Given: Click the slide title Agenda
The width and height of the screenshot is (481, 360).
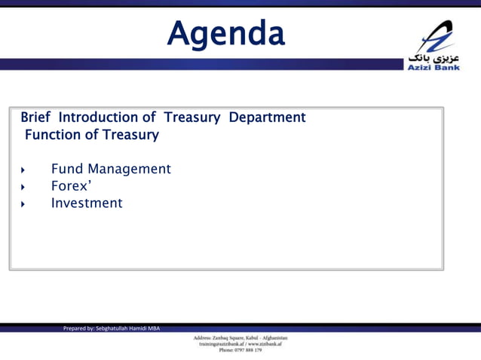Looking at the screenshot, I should pos(225,33).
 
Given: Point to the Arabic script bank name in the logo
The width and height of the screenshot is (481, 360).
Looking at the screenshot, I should pos(433,56).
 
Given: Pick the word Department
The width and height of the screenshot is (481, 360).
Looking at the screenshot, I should pos(267,117).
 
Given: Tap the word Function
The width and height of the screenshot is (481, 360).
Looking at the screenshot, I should pos(52,136).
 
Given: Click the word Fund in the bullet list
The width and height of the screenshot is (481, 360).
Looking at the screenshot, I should pos(66,169).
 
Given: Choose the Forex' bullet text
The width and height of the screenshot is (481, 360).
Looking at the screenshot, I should pos(72,186).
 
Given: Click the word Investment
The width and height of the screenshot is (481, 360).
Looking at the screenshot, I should pos(86,203).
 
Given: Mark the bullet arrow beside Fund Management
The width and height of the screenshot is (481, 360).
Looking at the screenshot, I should pos(23,169).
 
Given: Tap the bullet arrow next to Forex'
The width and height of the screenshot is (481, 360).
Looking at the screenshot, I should pos(23,187).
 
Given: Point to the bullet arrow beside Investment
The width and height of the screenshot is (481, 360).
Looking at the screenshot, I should pos(23,204).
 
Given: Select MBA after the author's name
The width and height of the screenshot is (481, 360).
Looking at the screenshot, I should pos(154,328).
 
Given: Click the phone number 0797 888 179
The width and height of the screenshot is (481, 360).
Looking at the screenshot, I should pos(248,350).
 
